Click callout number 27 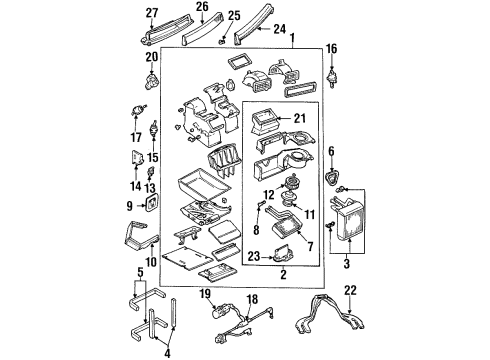tap(152, 12)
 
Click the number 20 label tap(153, 58)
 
